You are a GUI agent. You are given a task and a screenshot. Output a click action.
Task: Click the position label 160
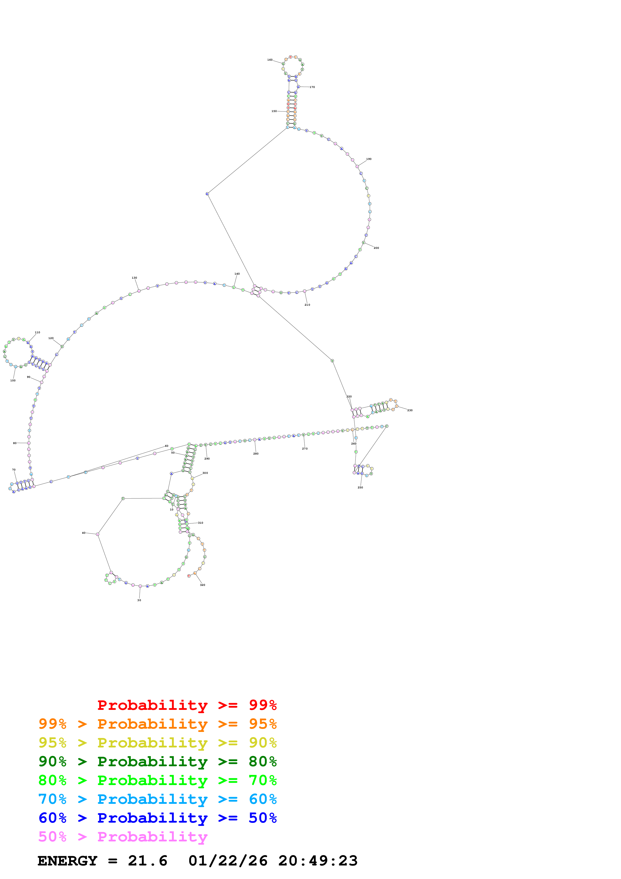click(270, 60)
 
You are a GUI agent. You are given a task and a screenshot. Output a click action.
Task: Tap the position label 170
click(312, 87)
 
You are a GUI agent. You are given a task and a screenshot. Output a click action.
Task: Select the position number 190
click(368, 159)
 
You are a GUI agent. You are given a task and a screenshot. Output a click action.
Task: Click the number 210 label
click(307, 305)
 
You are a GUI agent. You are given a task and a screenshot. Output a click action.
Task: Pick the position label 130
click(134, 278)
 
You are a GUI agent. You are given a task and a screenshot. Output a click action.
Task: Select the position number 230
click(410, 410)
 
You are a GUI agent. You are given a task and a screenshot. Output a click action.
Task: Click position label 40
click(84, 533)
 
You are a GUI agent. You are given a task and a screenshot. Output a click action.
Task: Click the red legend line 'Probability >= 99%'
click(187, 705)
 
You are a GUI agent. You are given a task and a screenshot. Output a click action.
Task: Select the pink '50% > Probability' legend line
click(122, 837)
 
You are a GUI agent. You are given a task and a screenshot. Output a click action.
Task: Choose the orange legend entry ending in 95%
click(157, 724)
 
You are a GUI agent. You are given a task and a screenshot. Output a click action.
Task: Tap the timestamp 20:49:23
click(318, 861)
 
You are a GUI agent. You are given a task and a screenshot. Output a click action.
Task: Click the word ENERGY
click(67, 861)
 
